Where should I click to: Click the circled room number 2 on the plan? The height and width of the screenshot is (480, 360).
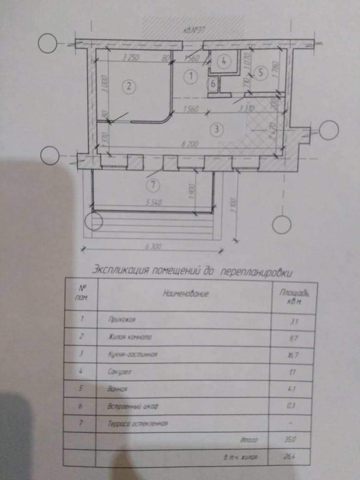click(129, 85)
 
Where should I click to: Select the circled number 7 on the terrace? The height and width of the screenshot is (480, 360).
click(152, 186)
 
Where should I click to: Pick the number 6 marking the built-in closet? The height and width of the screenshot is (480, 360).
click(213, 84)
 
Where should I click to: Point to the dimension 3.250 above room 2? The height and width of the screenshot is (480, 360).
click(132, 58)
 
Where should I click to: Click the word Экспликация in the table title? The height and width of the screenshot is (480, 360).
click(120, 269)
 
